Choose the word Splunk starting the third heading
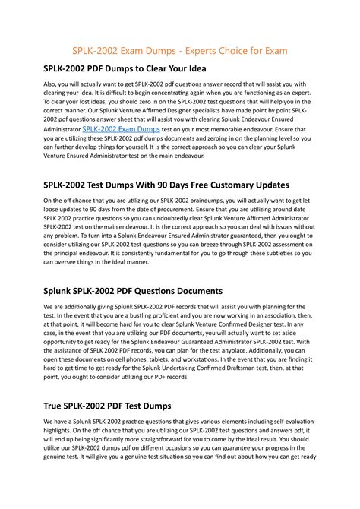61,291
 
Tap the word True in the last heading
55,406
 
